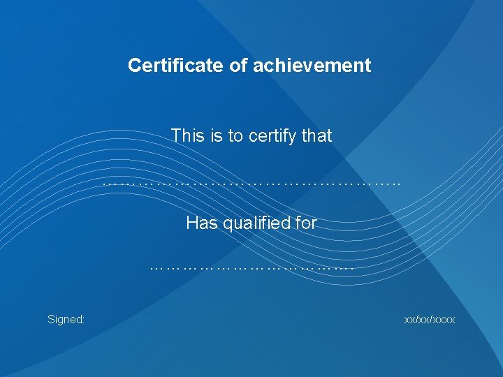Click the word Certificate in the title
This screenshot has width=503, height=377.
[x=169, y=66]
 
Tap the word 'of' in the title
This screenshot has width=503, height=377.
[x=223, y=66]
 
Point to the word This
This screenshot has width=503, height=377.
[x=187, y=135]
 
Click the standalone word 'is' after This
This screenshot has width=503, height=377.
[x=214, y=135]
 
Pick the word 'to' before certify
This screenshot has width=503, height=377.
[x=235, y=135]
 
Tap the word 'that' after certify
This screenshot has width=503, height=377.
[x=317, y=135]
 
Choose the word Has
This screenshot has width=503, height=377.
[x=199, y=223]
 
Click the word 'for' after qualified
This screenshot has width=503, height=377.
[x=306, y=223]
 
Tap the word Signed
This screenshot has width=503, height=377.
[x=65, y=320]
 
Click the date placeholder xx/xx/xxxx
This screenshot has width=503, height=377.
[x=430, y=320]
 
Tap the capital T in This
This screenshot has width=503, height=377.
[x=176, y=135]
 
